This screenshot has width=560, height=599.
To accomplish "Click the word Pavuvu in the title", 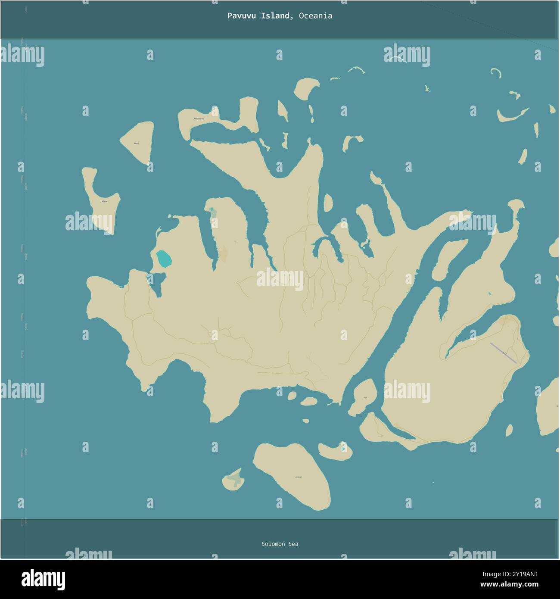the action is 240,16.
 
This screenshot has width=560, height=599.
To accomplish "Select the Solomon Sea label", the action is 280,544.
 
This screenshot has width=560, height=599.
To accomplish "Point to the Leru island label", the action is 137,143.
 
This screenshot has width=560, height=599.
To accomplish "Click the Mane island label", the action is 104,201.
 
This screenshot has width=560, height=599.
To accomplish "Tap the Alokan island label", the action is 299,477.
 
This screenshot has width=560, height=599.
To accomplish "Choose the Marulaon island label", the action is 199,119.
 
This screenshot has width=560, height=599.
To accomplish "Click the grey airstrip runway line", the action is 503,353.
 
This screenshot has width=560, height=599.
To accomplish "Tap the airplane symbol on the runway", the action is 504,353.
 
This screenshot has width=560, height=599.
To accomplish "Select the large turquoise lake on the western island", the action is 164,259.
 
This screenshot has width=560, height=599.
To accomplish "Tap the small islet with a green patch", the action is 234,479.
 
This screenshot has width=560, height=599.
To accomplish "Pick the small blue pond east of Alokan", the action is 343,448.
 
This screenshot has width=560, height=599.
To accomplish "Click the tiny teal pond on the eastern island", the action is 489,294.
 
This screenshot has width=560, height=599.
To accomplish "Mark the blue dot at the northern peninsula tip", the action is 211,210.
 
